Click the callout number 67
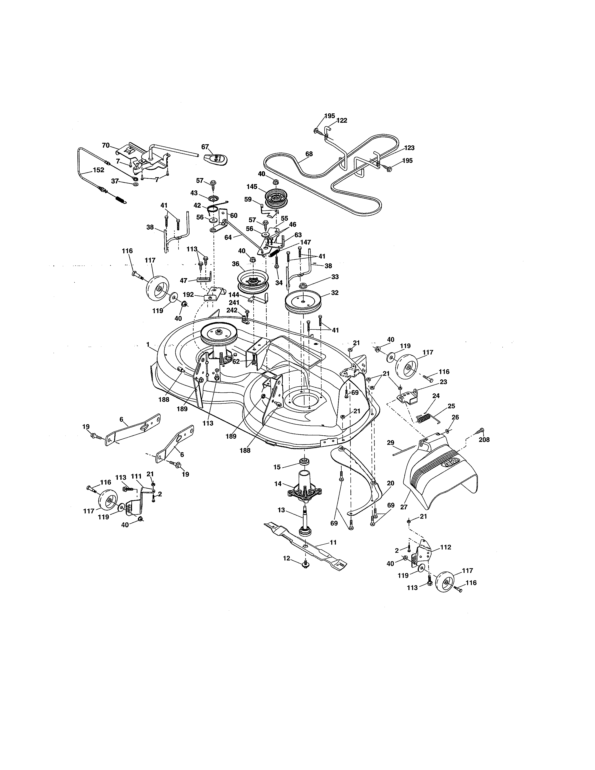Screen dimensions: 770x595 [x=205, y=147]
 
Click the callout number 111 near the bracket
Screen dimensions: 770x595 [x=136, y=476]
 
